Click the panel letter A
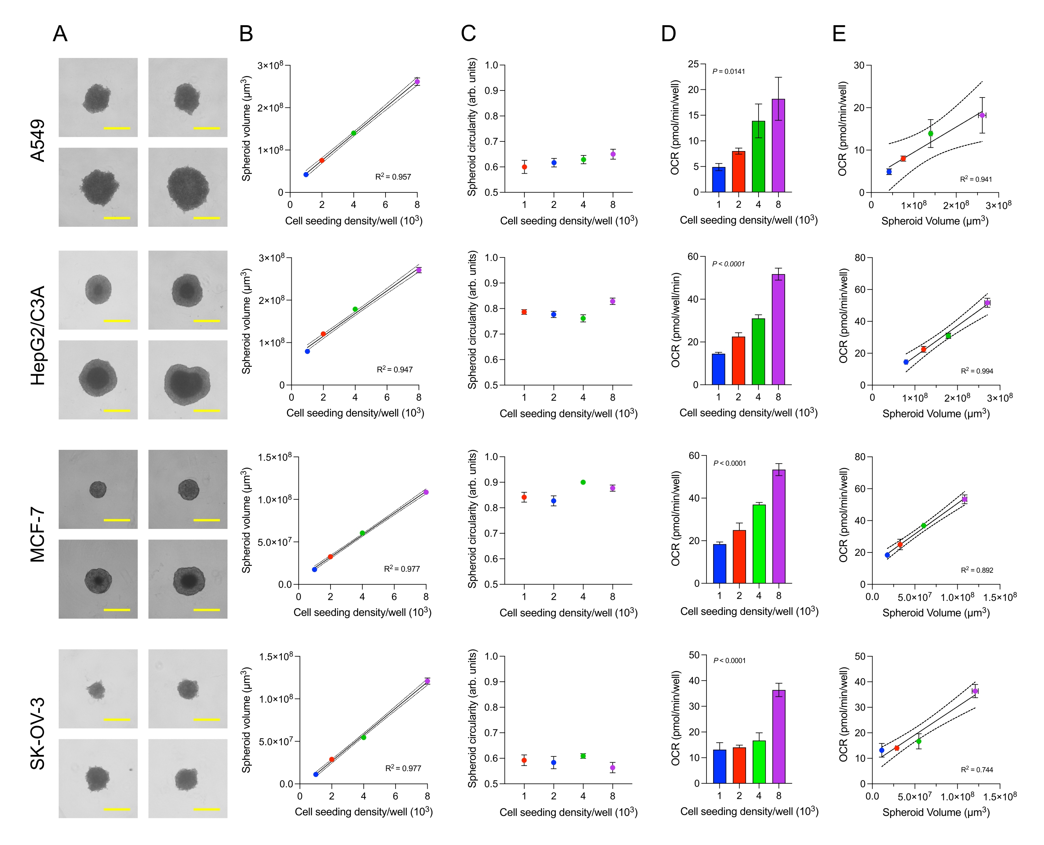coord(60,34)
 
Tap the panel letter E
coord(839,34)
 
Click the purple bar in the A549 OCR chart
coord(778,146)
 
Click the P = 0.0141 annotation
coord(728,72)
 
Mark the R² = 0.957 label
coord(393,177)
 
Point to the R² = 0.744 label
coord(976,770)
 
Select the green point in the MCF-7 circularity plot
coord(583,482)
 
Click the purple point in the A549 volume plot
coord(417,82)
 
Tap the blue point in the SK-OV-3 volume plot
coord(316,774)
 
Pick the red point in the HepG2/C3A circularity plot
coord(524,312)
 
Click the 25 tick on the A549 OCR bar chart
coord(693,64)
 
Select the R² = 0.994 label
coord(976,371)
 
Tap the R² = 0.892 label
coord(976,570)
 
